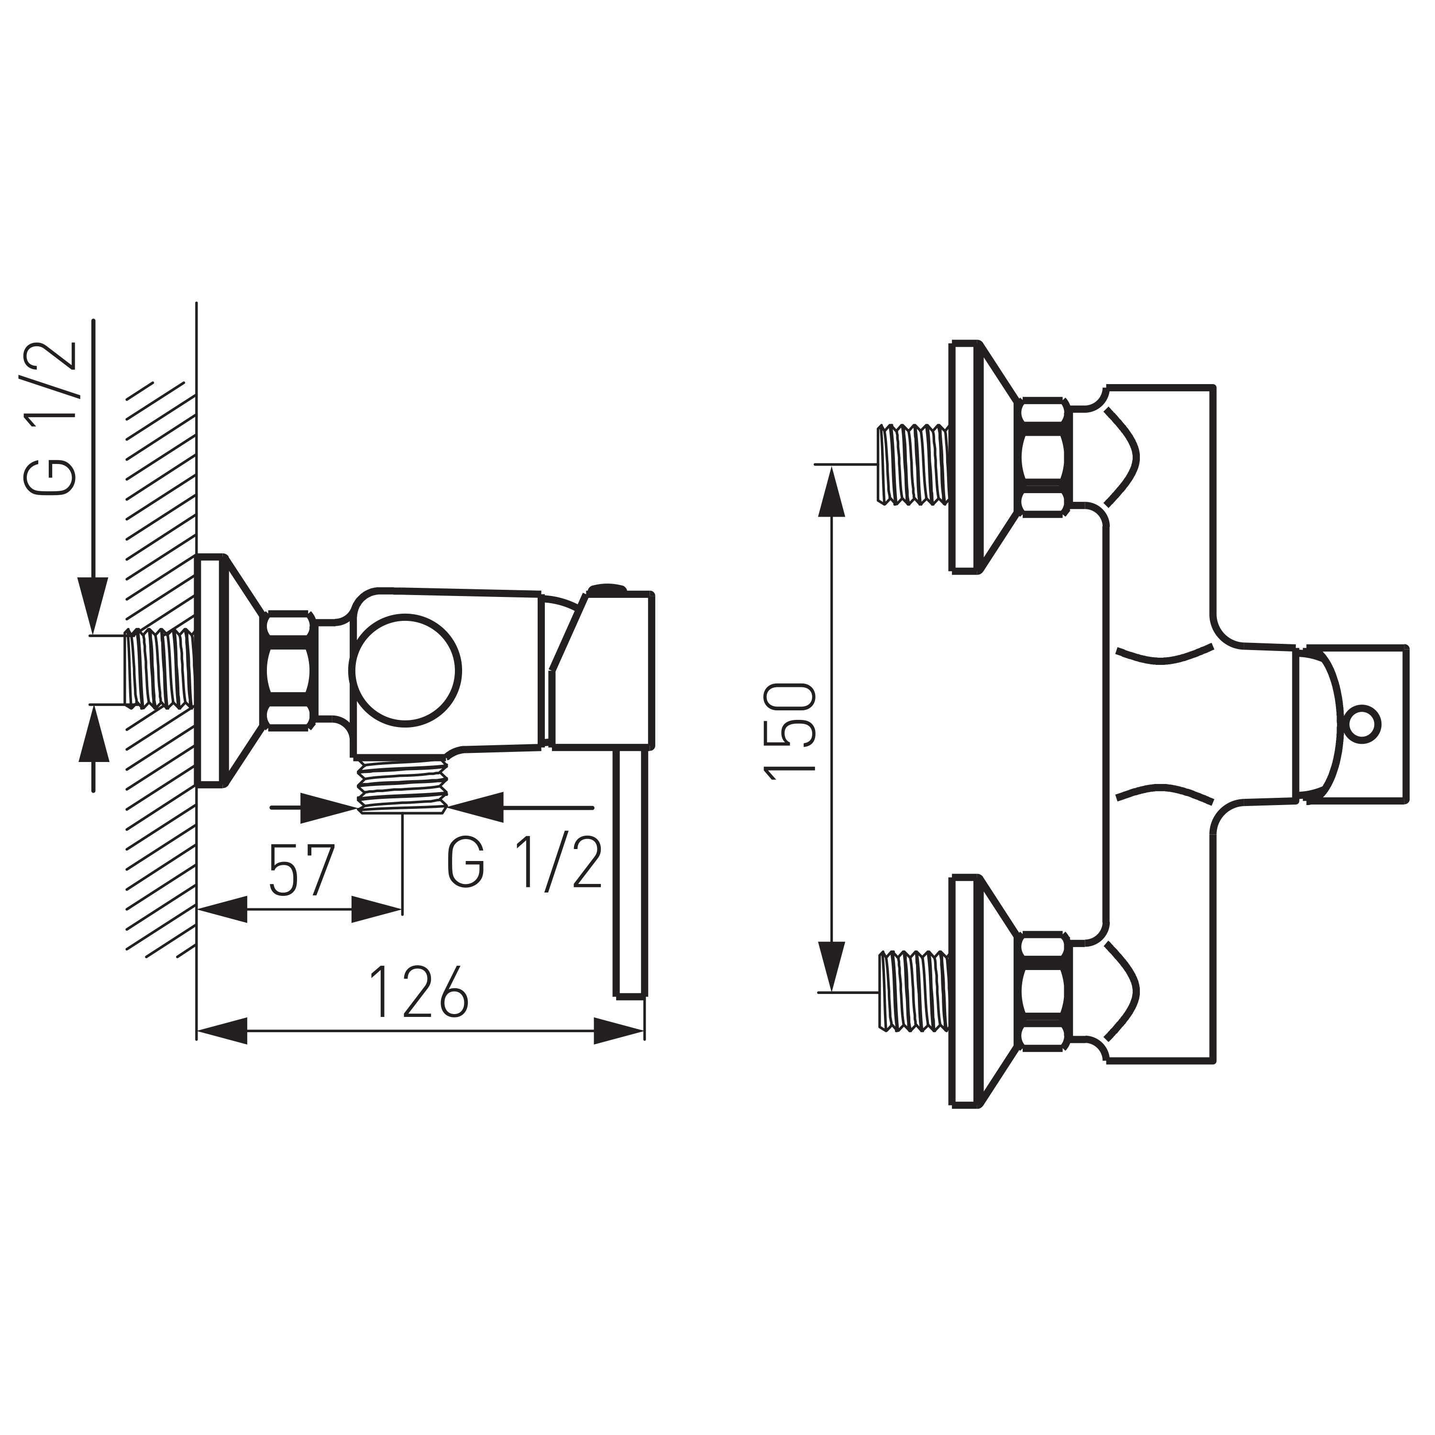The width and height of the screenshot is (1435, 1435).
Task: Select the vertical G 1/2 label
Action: click(51, 418)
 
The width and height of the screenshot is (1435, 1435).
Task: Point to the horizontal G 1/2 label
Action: click(524, 862)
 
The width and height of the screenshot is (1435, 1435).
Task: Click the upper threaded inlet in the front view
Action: click(913, 464)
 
